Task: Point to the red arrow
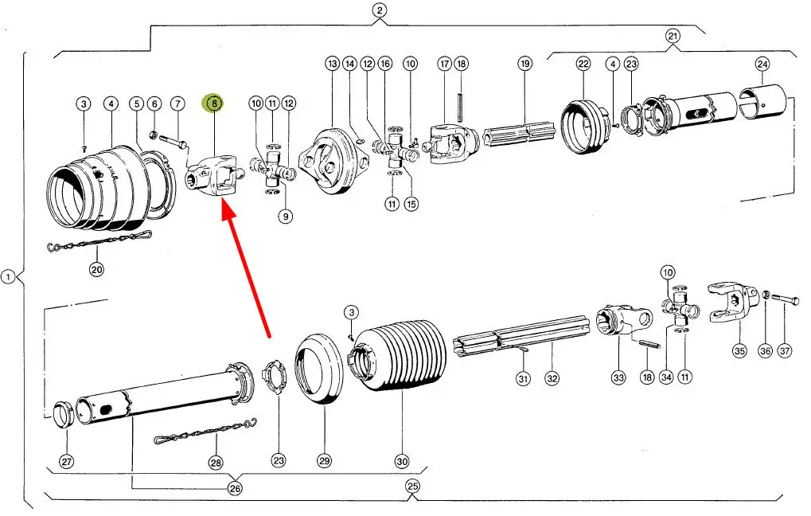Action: point(247,271)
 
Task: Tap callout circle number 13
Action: point(332,63)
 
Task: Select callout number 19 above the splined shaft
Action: point(524,63)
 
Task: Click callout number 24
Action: point(762,63)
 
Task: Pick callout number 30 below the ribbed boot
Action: point(402,461)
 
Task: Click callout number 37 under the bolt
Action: point(786,350)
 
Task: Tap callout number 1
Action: point(8,277)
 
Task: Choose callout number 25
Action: point(412,485)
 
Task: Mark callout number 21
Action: point(673,36)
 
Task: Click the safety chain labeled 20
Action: point(99,238)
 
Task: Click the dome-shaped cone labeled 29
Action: point(318,371)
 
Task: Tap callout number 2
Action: point(380,10)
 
